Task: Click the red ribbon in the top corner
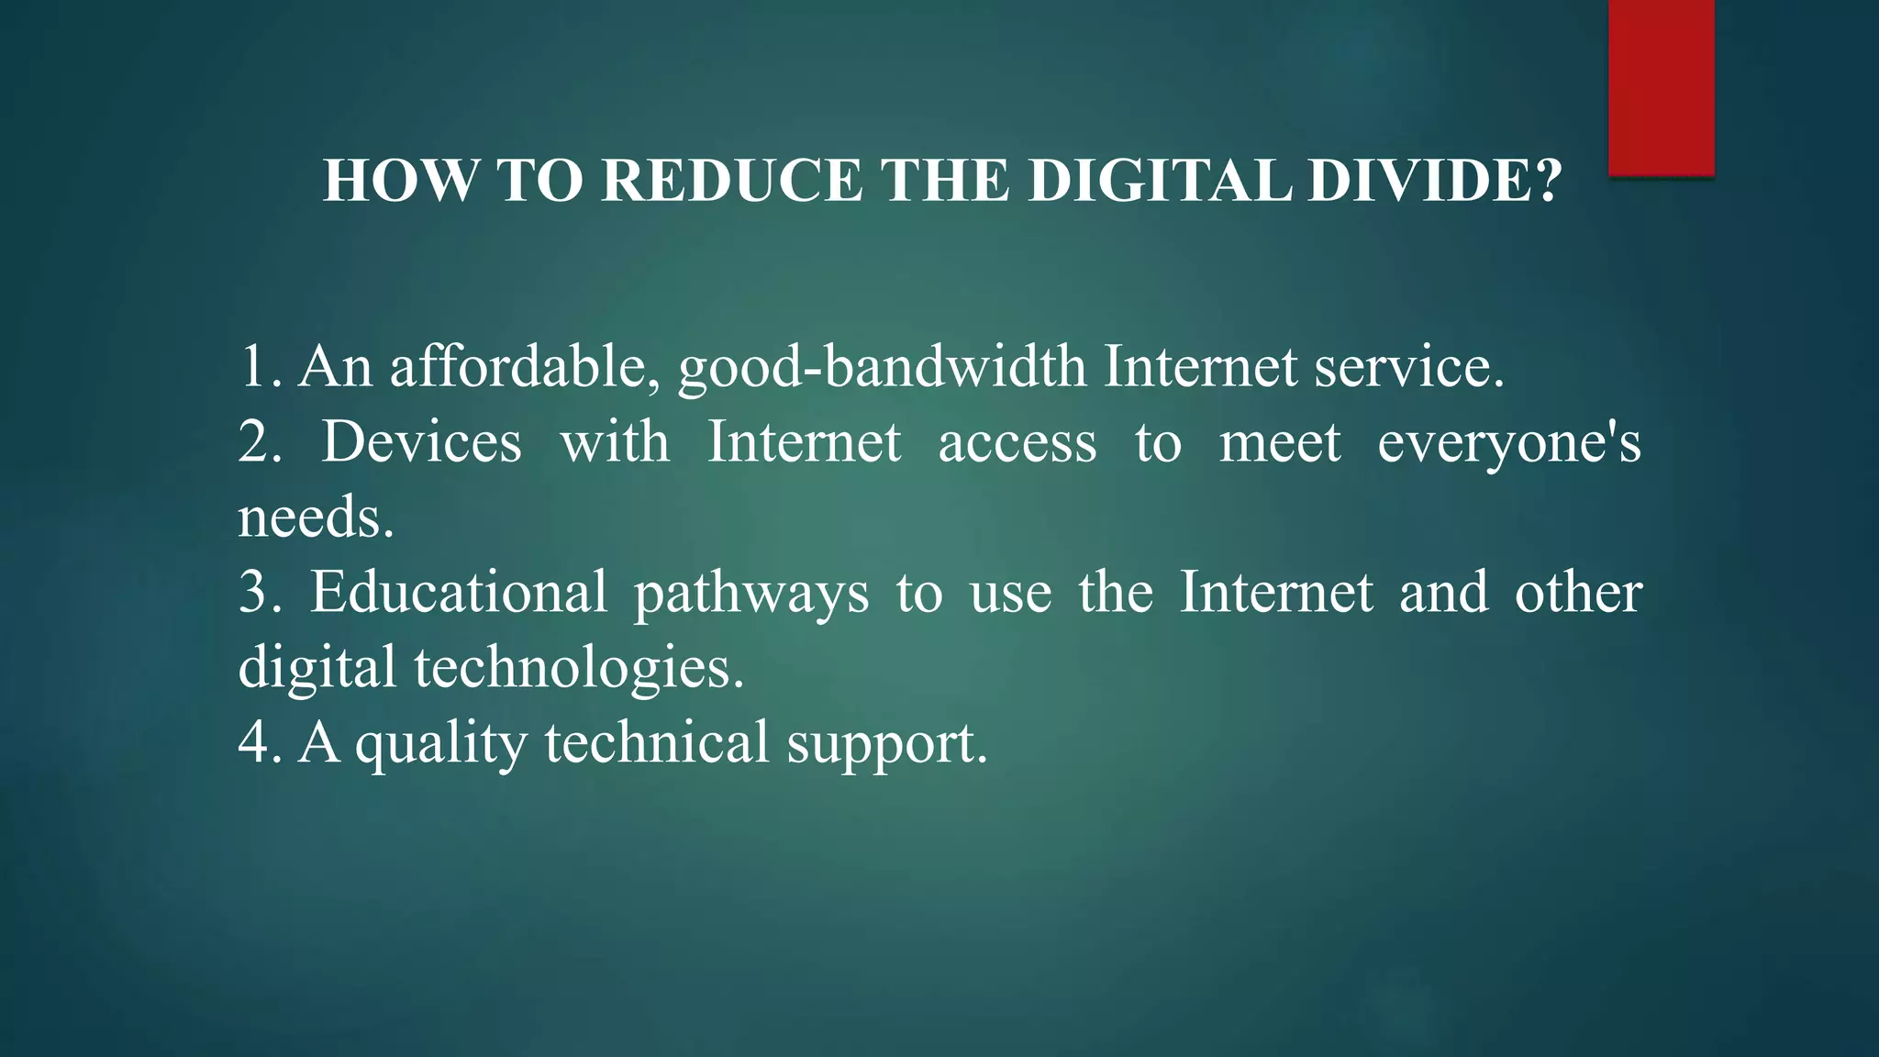click(1661, 87)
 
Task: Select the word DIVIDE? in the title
click(1434, 181)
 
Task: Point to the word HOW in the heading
click(400, 181)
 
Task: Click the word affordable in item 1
click(524, 367)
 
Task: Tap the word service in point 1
click(1406, 367)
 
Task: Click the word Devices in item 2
click(421, 442)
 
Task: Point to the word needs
click(315, 518)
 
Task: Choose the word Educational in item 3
click(458, 593)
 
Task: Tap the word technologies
click(578, 668)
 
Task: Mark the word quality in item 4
click(441, 743)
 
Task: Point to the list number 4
click(260, 743)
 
